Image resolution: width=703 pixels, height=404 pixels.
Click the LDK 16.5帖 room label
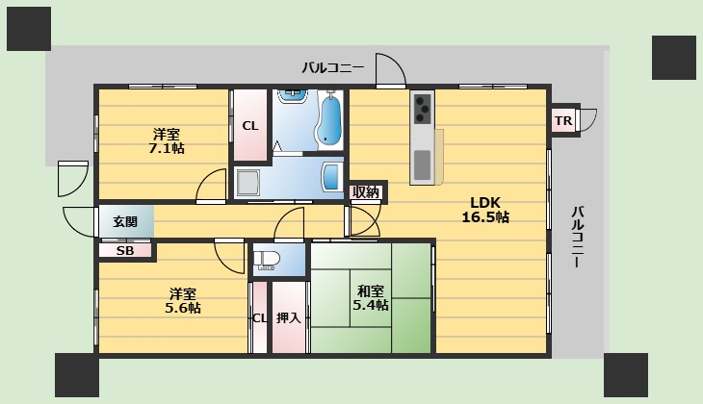(485, 210)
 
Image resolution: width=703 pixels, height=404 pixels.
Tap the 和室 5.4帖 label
(371, 298)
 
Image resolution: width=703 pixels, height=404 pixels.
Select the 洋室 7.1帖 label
(167, 140)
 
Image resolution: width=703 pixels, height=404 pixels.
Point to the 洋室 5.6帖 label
(182, 300)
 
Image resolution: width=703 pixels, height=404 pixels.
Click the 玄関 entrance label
(125, 221)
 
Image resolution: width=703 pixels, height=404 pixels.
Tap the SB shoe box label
(125, 251)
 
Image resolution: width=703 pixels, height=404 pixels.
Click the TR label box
(563, 120)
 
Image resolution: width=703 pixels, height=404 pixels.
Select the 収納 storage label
(366, 192)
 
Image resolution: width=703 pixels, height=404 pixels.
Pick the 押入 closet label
(288, 317)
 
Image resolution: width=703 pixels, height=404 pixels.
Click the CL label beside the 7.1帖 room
(250, 126)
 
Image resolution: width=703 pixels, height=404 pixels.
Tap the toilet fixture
(267, 259)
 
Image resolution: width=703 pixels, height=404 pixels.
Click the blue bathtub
(329, 119)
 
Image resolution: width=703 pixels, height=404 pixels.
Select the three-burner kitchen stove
(422, 108)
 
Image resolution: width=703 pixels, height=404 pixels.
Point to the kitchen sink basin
(422, 164)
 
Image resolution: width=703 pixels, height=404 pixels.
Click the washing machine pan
(247, 183)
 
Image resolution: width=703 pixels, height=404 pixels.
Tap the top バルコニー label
(332, 68)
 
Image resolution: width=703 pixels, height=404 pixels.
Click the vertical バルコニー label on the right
(578, 237)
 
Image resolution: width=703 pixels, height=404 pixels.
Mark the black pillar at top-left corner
(29, 29)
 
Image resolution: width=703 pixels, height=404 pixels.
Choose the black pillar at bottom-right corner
(626, 375)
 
